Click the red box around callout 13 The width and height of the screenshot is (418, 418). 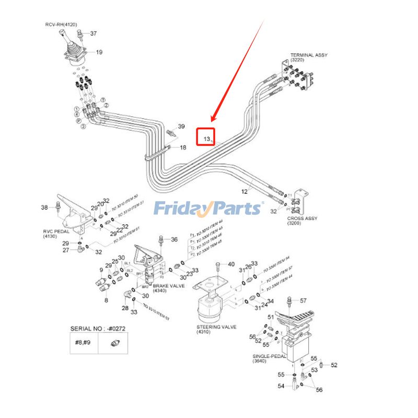(x=206, y=137)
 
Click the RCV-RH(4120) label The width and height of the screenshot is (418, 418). (x=61, y=24)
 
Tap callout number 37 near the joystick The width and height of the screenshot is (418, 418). (x=93, y=33)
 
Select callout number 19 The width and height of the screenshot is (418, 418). (x=99, y=52)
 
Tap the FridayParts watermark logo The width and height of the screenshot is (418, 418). (x=208, y=208)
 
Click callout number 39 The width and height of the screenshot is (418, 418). (x=181, y=126)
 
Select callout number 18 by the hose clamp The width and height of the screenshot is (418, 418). (x=183, y=148)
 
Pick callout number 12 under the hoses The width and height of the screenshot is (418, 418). (x=244, y=192)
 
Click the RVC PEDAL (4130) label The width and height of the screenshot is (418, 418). (x=54, y=233)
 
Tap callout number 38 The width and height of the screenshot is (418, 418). (x=44, y=207)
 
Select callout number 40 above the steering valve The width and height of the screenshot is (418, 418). (x=231, y=264)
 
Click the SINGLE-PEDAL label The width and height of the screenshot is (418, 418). (x=269, y=357)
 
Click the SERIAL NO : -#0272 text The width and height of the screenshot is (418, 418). (x=98, y=329)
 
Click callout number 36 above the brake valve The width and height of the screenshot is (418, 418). (x=174, y=239)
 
